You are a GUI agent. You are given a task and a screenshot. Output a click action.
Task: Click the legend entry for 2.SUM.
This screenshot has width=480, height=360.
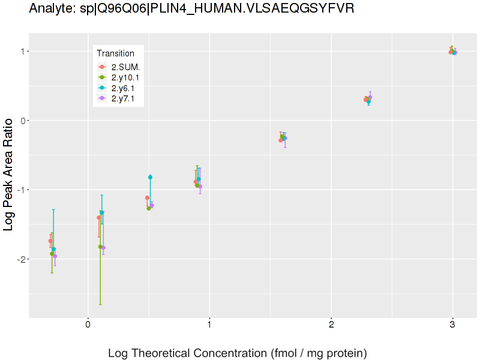(x=125, y=67)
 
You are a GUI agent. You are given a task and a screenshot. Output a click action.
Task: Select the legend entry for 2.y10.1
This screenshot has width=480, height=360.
(x=127, y=77)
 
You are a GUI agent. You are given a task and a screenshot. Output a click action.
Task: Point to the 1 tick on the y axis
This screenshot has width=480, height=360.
(x=20, y=52)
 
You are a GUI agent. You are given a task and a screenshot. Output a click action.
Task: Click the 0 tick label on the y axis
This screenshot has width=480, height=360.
(x=20, y=121)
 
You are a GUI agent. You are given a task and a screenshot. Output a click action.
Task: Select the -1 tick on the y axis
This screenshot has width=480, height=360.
(x=18, y=190)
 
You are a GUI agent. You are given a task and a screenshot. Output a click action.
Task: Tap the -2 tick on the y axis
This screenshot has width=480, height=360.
(x=18, y=259)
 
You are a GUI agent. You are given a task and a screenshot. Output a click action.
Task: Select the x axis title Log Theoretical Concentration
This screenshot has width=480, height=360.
(x=237, y=353)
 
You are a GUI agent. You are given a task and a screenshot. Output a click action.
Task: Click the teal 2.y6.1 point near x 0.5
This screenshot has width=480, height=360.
(x=150, y=177)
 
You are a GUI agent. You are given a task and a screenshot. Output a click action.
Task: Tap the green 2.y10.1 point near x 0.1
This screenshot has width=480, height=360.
(x=100, y=247)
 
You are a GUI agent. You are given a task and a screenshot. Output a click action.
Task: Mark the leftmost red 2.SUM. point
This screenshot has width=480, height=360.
(x=50, y=241)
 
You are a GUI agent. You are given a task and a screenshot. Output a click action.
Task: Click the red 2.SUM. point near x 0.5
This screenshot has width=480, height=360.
(x=147, y=197)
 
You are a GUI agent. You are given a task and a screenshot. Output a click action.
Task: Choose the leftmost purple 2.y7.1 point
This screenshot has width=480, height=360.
(x=55, y=256)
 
